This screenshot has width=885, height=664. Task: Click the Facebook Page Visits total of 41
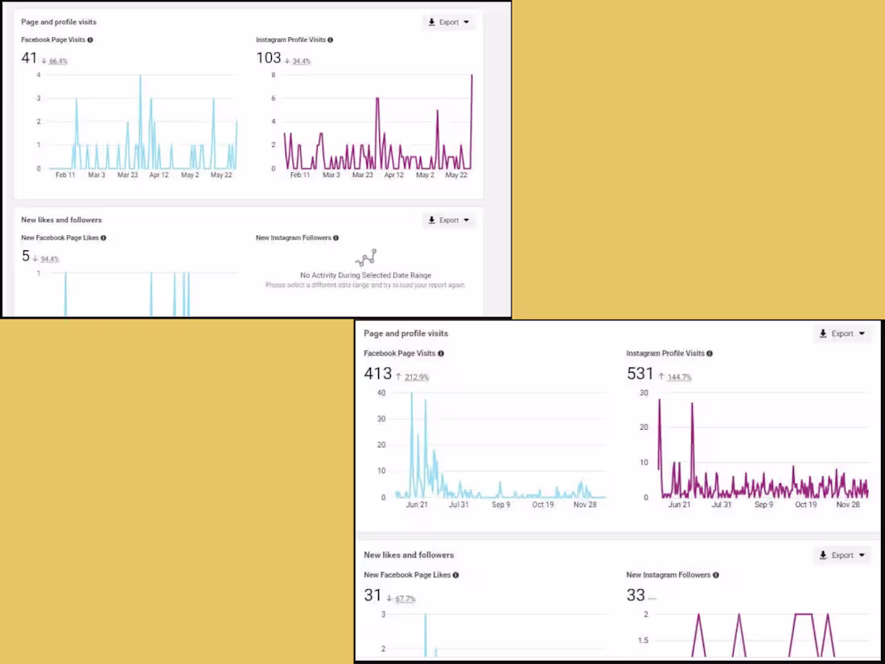point(29,58)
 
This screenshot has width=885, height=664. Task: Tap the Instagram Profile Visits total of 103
point(268,58)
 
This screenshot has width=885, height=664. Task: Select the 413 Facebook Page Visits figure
point(377,373)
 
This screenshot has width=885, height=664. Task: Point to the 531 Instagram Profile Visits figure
point(640,373)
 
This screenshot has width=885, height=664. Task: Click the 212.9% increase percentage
point(417,377)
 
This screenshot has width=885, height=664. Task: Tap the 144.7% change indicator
point(679,377)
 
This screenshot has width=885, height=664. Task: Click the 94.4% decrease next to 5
point(49,259)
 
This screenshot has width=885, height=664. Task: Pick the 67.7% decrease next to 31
point(405,599)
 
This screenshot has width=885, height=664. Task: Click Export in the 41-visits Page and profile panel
point(449,23)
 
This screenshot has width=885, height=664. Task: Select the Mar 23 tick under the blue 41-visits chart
point(128,175)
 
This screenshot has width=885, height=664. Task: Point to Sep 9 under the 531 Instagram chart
point(764,505)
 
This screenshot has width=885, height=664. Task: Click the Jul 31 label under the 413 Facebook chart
point(459,505)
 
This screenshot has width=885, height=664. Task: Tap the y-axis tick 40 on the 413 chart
point(381,393)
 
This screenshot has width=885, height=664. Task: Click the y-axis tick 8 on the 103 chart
point(274,75)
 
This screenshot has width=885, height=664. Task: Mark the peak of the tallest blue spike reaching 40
point(412,394)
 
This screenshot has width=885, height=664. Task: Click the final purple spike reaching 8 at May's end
point(471,76)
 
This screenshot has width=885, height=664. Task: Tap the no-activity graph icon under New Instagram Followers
point(366,258)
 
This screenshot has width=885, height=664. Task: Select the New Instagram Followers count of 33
point(636,596)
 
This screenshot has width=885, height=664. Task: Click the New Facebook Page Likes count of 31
point(373,596)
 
